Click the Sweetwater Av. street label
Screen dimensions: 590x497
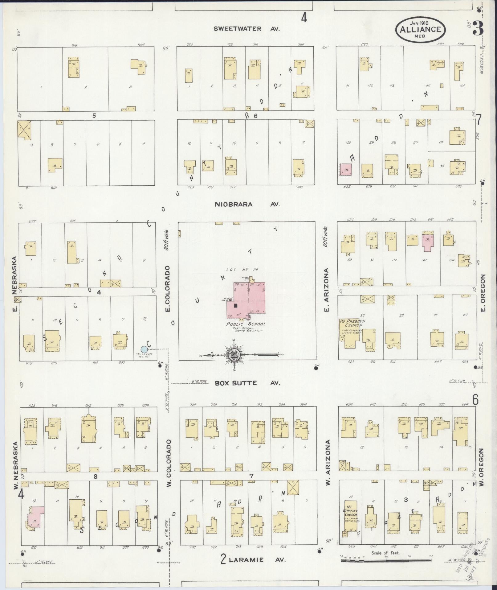246,29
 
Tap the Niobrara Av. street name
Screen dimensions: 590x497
247,204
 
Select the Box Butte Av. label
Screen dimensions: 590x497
247,383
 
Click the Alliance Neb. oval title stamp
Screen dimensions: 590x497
421,30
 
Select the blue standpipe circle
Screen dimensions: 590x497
144,349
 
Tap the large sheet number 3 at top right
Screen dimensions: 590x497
478,29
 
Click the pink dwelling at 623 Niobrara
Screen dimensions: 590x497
346,170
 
